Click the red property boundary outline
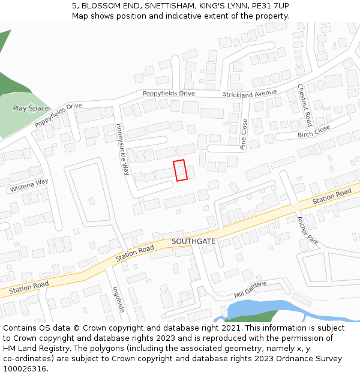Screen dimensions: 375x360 point(180,170)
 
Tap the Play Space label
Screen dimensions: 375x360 point(31,109)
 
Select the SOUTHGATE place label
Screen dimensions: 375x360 point(193,241)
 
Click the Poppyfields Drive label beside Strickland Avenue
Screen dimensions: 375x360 point(169,94)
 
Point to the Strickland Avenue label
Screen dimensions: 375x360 point(250,94)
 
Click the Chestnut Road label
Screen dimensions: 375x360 point(305,105)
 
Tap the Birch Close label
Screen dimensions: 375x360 point(314,131)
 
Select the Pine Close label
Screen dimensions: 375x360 point(244,134)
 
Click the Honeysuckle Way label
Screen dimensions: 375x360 point(122,149)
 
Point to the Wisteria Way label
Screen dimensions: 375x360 point(29,185)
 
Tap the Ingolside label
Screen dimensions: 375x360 point(118,299)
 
